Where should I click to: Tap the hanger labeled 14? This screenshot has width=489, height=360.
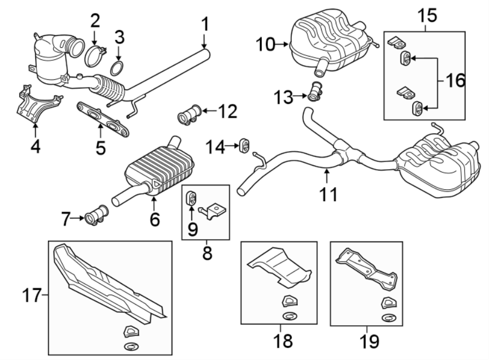(x=244, y=146)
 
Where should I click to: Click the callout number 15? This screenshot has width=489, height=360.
(x=427, y=15)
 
